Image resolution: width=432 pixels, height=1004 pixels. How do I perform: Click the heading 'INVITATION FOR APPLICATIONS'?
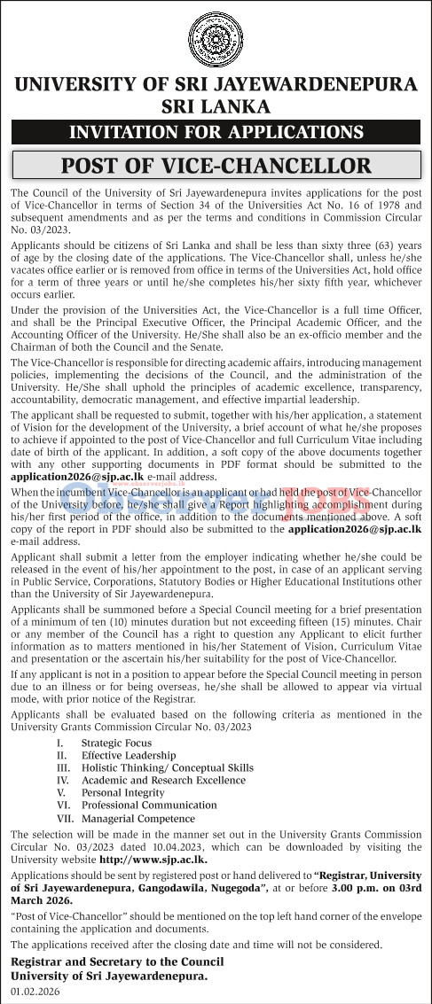tap(216, 133)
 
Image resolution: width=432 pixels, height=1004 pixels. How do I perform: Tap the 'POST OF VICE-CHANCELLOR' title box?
tap(216, 166)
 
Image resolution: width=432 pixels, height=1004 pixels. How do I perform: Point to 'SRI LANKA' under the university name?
tap(216, 107)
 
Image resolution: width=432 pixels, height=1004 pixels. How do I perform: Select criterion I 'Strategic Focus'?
tap(115, 743)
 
